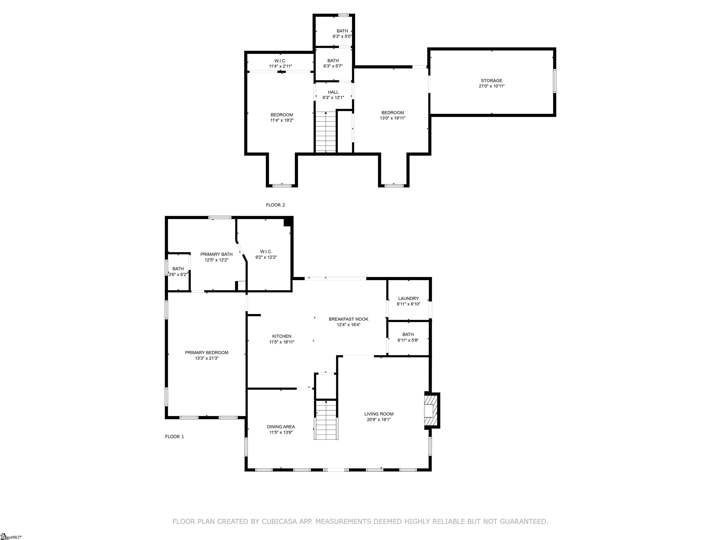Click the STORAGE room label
click(491, 81)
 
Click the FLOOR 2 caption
click(276, 205)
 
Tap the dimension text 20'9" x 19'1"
click(379, 420)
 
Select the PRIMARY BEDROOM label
click(207, 352)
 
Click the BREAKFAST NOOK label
click(349, 319)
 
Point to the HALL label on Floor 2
click(333, 92)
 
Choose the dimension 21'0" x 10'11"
click(491, 86)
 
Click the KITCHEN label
click(282, 336)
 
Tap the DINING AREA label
click(281, 427)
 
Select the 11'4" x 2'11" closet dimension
click(280, 66)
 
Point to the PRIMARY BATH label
click(216, 255)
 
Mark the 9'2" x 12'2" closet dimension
click(266, 257)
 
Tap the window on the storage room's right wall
click(554, 81)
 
